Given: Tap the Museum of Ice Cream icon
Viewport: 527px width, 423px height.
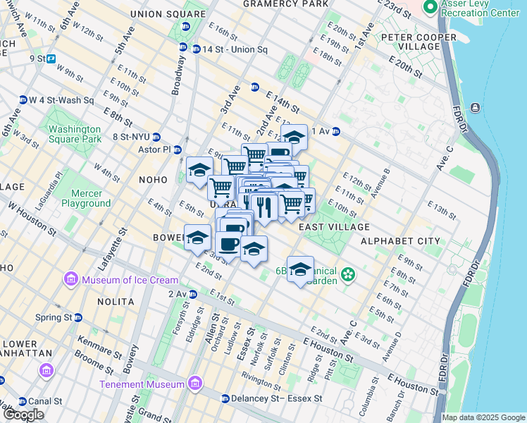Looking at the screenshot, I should tap(71, 280).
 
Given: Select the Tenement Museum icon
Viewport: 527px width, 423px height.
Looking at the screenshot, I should tap(195, 384).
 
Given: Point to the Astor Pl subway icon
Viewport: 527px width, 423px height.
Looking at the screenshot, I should tap(178, 149).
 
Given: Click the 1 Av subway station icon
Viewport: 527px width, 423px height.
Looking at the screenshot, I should tap(336, 131).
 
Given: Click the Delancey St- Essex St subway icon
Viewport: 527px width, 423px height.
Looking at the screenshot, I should tap(224, 398).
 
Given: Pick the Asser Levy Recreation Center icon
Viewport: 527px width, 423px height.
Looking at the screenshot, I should tap(429, 7).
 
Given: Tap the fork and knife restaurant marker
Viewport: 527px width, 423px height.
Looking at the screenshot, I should tap(263, 207).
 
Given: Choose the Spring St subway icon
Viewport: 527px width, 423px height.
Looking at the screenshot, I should tap(78, 317).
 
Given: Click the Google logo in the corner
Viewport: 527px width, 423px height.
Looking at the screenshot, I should tap(23, 415).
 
